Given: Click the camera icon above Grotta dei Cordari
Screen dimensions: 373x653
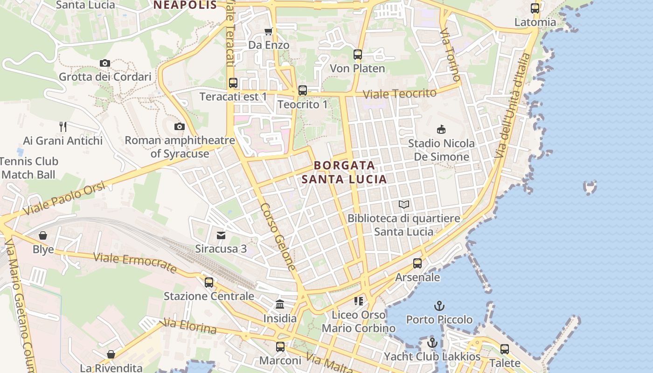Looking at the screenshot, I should pos(105,63).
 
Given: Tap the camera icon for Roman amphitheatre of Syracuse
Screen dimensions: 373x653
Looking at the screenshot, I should pos(179,126).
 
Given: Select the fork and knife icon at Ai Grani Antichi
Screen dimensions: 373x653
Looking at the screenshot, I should pos(63,126).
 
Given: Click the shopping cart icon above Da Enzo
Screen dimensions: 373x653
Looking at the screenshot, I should pos(268,31).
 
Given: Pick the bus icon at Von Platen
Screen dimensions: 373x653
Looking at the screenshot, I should pos(358,55).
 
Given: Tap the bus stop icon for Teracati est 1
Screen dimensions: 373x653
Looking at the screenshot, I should pos(233,83).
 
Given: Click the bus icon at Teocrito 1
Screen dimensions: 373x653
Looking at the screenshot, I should pos(303,90).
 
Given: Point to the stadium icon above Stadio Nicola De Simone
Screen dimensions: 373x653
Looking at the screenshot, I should pos(440,129).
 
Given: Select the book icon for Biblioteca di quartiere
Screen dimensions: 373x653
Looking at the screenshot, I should pos(404,204).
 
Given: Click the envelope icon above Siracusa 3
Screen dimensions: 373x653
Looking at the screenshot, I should pos(221,235).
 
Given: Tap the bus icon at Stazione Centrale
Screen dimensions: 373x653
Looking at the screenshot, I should pos(209,282).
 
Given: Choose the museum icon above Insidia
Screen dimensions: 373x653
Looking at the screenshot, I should pos(280,304).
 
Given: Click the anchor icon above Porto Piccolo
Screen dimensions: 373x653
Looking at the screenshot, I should pos(439,306).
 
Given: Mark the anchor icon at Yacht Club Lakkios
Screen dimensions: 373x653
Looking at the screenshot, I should pos(432,343).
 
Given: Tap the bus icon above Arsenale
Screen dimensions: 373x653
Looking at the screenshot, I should pos(417,263).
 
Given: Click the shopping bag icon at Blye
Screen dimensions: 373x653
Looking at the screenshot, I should pos(43,235).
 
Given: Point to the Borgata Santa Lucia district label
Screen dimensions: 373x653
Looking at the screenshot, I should pos(344,172).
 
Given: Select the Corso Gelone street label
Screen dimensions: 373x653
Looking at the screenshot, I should pos(278,237).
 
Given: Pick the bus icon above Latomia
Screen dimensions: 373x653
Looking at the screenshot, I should pos(535,8).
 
